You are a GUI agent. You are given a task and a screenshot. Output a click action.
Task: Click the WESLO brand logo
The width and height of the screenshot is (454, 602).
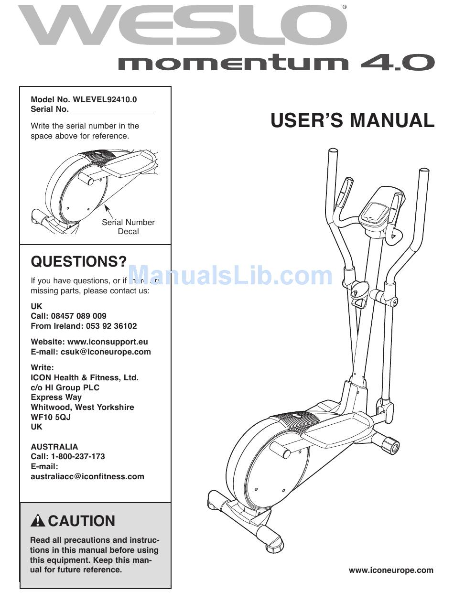point(182,26)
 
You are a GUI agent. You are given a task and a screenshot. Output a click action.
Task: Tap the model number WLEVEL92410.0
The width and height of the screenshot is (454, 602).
point(105,99)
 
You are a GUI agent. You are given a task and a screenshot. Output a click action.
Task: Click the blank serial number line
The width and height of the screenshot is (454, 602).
point(113,110)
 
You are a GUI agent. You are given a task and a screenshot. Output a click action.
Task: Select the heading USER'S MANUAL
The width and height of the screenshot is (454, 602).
point(352,120)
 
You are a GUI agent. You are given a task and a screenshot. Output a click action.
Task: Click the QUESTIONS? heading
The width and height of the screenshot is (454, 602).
point(79,261)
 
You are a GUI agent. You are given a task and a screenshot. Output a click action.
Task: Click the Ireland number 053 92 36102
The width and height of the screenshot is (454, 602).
point(111,326)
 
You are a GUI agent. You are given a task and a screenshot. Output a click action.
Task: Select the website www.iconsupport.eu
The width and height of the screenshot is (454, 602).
point(108,342)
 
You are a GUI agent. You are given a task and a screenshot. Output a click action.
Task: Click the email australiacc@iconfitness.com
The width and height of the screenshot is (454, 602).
point(87,476)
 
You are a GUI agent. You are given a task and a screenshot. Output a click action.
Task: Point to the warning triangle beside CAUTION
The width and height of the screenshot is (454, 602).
point(38,521)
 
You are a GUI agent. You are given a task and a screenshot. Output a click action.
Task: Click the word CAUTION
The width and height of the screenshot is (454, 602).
point(82,521)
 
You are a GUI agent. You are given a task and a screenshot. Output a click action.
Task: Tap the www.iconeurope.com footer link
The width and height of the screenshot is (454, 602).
point(391,570)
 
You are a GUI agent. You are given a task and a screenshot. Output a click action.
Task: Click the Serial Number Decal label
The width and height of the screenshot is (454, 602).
point(128,227)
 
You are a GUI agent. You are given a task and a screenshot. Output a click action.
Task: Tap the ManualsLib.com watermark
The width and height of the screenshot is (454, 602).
point(230,276)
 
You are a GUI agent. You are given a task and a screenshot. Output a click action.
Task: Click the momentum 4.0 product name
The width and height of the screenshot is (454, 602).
point(276,63)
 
